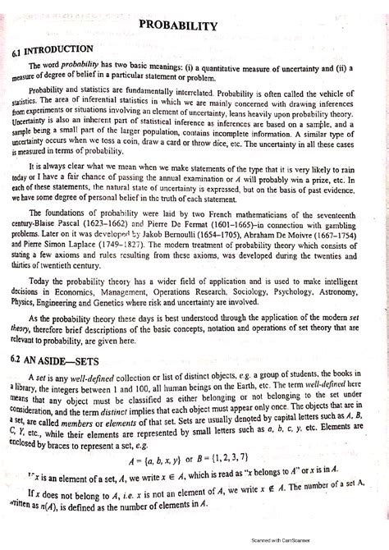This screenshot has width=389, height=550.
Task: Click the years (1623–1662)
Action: click(x=131, y=222)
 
